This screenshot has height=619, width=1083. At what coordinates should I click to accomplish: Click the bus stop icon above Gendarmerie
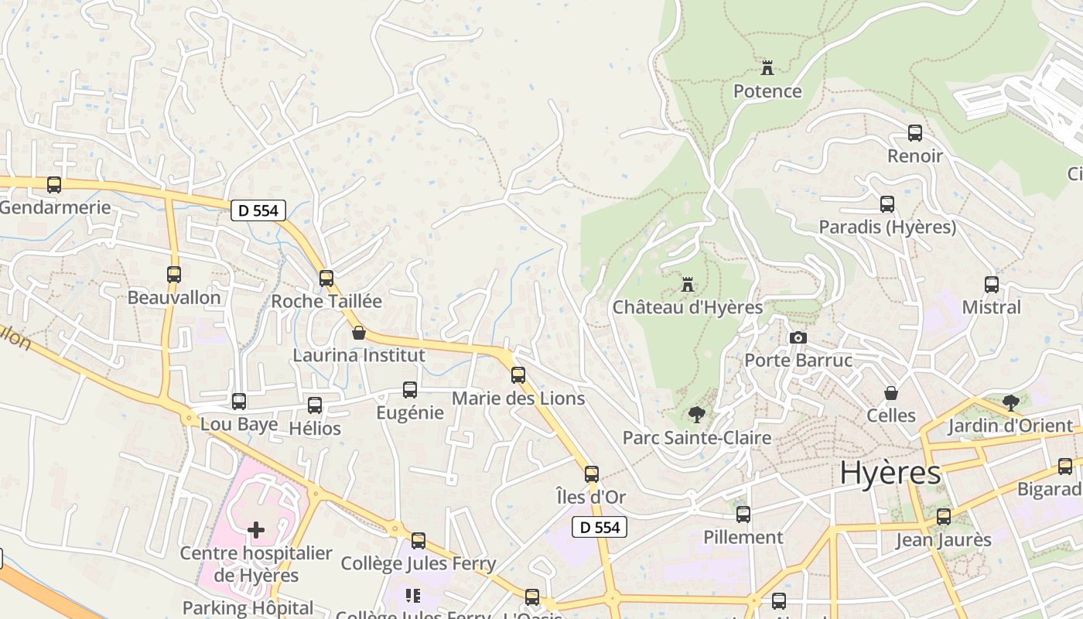pyautogui.click(x=54, y=185)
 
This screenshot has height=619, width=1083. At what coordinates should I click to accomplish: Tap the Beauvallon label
pyautogui.click(x=174, y=298)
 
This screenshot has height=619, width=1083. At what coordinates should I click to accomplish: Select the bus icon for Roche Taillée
pyautogui.click(x=326, y=279)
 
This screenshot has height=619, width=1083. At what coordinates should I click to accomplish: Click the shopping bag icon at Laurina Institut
pyautogui.click(x=359, y=333)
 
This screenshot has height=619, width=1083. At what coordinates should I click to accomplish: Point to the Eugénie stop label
pyautogui.click(x=410, y=412)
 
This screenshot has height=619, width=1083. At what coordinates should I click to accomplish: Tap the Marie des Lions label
pyautogui.click(x=518, y=398)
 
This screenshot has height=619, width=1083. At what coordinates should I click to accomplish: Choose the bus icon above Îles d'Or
pyautogui.click(x=592, y=474)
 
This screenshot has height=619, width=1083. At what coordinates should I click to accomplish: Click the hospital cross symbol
pyautogui.click(x=256, y=530)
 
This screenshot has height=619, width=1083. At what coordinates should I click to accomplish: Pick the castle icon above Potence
pyautogui.click(x=767, y=68)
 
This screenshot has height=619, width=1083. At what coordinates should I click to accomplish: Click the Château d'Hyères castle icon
pyautogui.click(x=688, y=285)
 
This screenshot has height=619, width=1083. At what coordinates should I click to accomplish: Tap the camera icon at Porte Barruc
pyautogui.click(x=798, y=338)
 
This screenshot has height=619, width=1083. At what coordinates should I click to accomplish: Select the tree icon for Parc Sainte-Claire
pyautogui.click(x=697, y=415)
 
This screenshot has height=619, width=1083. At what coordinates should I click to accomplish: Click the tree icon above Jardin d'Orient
pyautogui.click(x=1010, y=402)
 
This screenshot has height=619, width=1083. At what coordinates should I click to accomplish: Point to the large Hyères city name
pyautogui.click(x=890, y=473)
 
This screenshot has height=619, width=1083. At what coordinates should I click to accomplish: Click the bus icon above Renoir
pyautogui.click(x=915, y=133)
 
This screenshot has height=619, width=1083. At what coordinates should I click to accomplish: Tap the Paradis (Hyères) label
pyautogui.click(x=887, y=227)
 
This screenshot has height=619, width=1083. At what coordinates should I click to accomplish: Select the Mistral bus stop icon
pyautogui.click(x=992, y=285)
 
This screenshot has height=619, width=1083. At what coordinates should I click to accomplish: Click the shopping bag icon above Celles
pyautogui.click(x=891, y=393)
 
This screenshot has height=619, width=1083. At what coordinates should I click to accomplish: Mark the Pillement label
pyautogui.click(x=743, y=537)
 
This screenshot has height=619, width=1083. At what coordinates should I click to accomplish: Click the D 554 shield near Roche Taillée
pyautogui.click(x=258, y=210)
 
